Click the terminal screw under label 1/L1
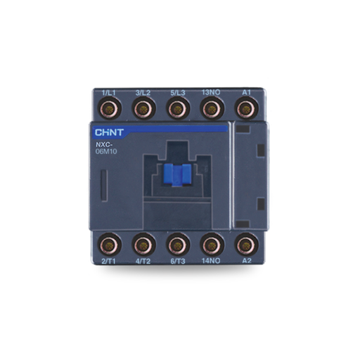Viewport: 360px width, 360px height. click(x=110, y=108)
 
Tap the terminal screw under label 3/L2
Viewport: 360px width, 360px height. click(x=143, y=108)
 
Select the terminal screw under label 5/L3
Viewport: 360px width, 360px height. click(x=176, y=108)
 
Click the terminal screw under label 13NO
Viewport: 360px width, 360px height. click(x=210, y=108)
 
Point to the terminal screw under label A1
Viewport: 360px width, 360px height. click(x=245, y=108)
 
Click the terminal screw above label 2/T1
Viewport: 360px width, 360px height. click(x=110, y=244)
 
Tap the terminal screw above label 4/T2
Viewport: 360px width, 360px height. click(x=143, y=244)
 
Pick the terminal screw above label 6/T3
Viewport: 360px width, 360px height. click(x=176, y=244)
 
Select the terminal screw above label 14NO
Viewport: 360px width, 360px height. click(x=210, y=244)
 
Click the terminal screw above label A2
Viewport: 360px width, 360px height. click(x=245, y=244)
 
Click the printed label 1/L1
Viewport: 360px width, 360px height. click(x=109, y=92)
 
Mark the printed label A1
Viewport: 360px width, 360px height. click(x=245, y=92)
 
